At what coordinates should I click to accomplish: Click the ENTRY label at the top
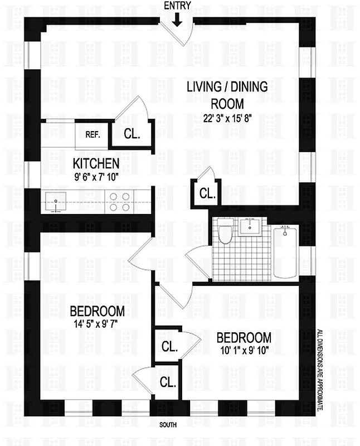coord(178,6)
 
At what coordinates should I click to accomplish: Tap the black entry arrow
coord(177,20)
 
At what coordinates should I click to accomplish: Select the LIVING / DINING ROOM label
coord(227,95)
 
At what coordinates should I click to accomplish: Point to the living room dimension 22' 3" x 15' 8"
coord(227,118)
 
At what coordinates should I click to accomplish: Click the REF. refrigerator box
coord(92,134)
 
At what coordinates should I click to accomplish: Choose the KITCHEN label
coord(96,163)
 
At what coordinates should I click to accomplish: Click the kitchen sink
coord(56,201)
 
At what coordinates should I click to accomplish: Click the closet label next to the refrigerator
coord(132,134)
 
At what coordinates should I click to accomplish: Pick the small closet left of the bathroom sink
coord(206,194)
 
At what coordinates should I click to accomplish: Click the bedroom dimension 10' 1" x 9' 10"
coord(244,350)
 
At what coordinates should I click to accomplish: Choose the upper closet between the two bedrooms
coord(169,346)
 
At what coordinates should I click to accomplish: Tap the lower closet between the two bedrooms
coord(167,382)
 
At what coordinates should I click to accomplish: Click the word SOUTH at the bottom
coord(168,425)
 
